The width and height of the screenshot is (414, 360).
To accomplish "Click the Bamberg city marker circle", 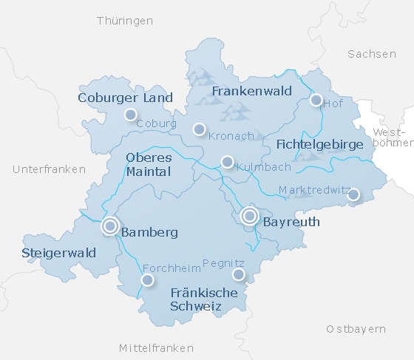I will [110, 226].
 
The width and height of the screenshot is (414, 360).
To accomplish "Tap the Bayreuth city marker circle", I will [249, 216].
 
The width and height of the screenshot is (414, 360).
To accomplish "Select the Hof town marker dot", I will [316, 100].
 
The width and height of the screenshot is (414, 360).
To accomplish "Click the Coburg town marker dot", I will [131, 114].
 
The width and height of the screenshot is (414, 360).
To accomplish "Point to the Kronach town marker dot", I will [198, 129].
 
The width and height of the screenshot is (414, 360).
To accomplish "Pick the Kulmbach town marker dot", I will [227, 162].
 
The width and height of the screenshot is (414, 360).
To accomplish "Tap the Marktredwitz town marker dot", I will [353, 194].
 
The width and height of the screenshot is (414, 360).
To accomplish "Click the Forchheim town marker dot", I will [147, 279].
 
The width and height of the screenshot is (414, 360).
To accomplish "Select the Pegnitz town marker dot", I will [238, 274].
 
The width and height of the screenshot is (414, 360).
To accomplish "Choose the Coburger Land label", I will [126, 98].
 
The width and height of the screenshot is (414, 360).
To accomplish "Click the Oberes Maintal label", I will [149, 165].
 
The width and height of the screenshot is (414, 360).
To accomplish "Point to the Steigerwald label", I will [59, 253].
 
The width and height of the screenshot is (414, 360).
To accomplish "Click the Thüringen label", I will [124, 20].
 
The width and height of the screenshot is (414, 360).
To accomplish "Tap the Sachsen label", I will [372, 53].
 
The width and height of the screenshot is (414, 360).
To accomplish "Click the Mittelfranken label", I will [156, 347].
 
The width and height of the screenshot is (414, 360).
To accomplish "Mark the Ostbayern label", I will [356, 328].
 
